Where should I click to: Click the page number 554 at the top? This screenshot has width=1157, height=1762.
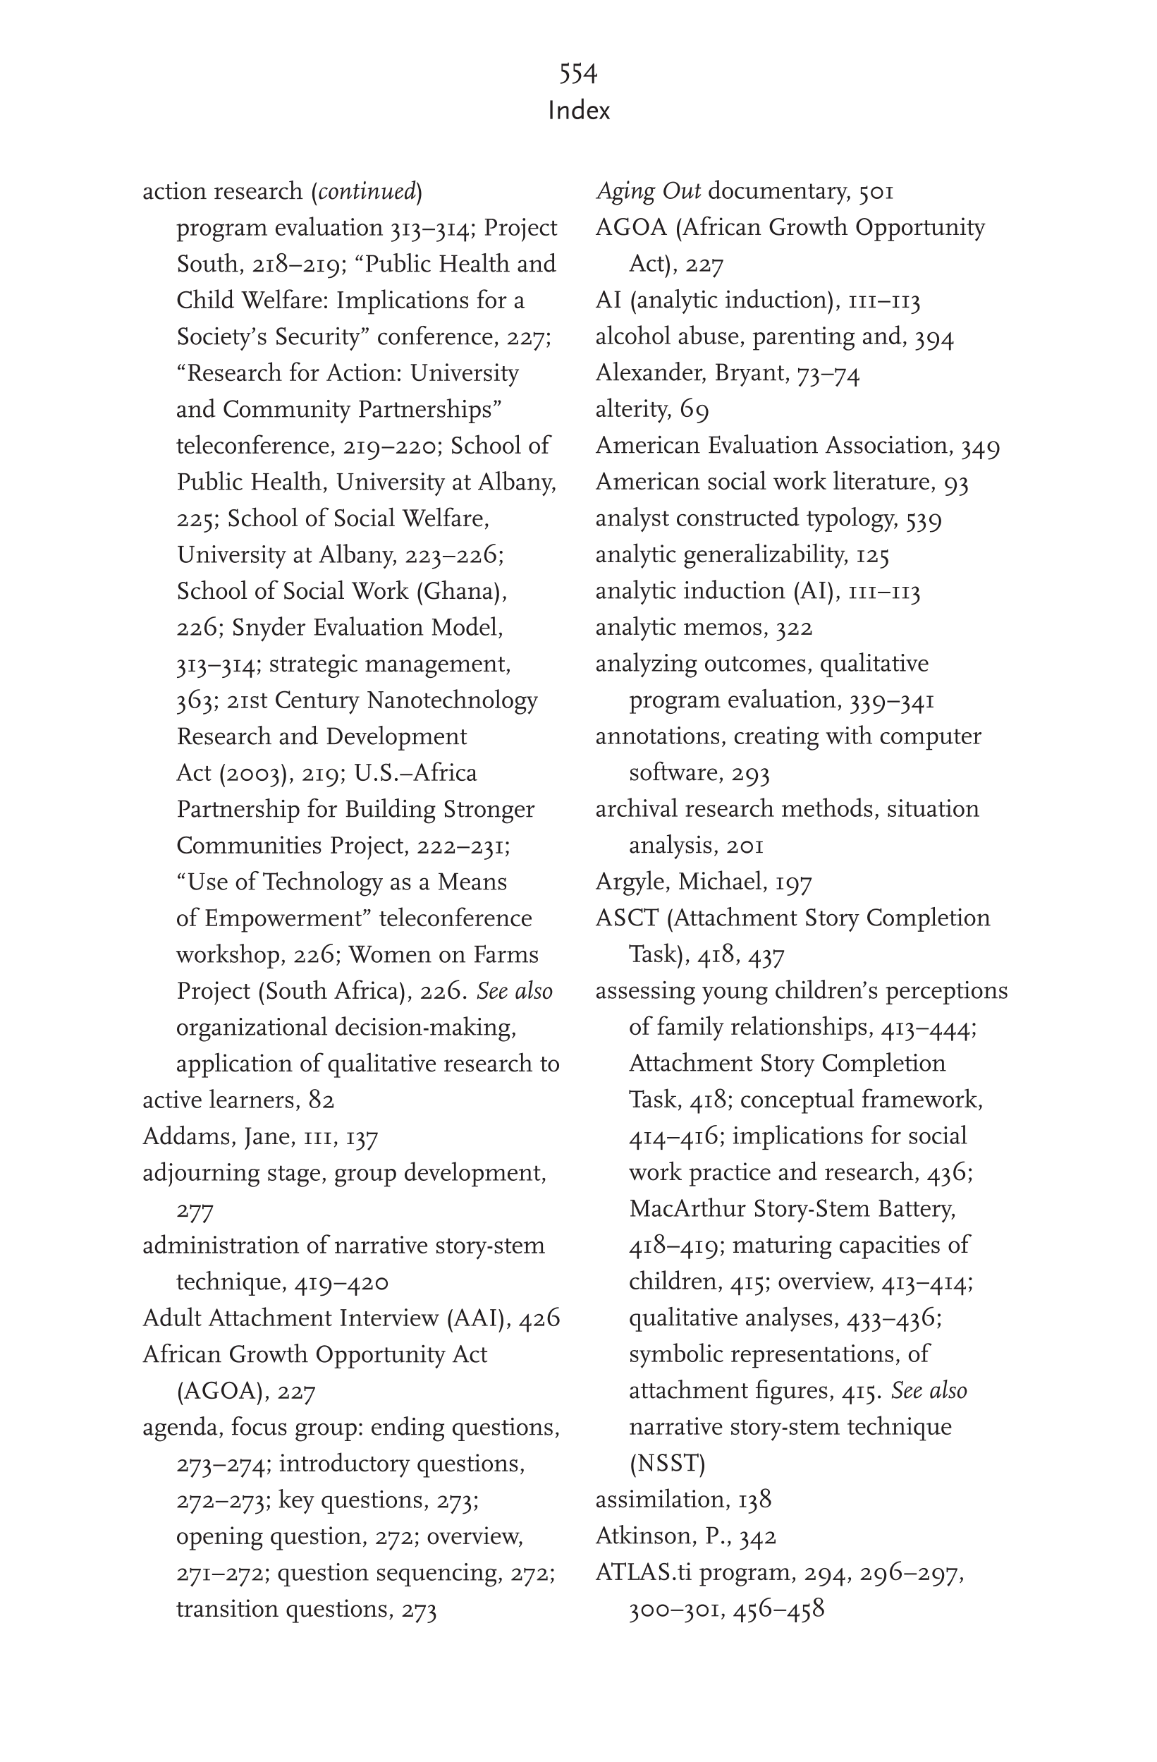(578, 73)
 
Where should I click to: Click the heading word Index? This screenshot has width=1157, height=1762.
(579, 111)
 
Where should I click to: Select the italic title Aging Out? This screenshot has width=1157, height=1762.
(648, 192)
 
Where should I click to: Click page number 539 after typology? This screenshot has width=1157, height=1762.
(923, 520)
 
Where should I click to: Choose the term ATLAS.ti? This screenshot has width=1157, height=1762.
(643, 1572)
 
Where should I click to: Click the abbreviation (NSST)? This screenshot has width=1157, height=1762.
(667, 1464)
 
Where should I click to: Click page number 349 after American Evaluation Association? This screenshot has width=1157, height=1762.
(980, 447)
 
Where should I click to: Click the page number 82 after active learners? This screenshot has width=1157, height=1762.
(322, 1100)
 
